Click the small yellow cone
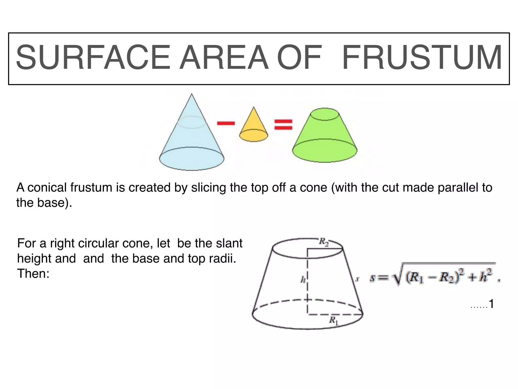click(x=253, y=127)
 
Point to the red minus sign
click(x=226, y=123)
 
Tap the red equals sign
click(x=283, y=125)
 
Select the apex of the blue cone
click(x=192, y=94)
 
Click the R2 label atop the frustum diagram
click(x=323, y=242)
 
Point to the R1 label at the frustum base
click(x=333, y=321)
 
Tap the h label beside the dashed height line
click(x=303, y=280)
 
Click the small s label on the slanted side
click(x=357, y=279)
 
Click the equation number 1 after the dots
click(x=491, y=304)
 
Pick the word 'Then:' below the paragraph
click(x=33, y=274)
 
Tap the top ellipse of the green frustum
click(x=325, y=114)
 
